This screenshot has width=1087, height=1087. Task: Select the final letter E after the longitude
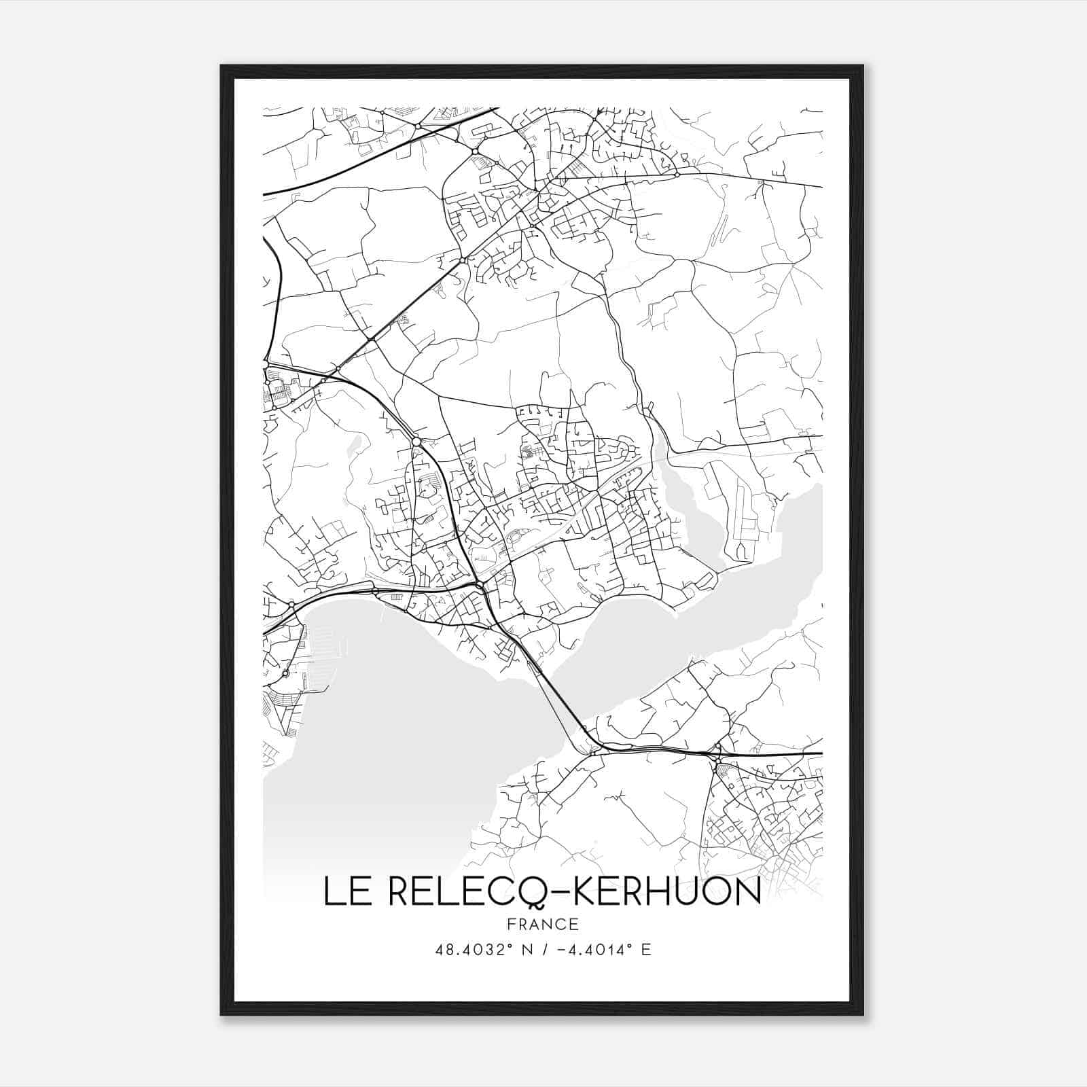click(x=646, y=950)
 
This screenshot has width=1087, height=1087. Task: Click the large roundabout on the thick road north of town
click(x=416, y=442)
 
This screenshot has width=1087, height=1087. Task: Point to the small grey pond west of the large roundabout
click(x=354, y=445)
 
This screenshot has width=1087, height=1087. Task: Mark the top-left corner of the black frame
click(x=221, y=66)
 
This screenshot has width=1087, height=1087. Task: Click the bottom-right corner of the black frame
click(x=863, y=1014)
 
